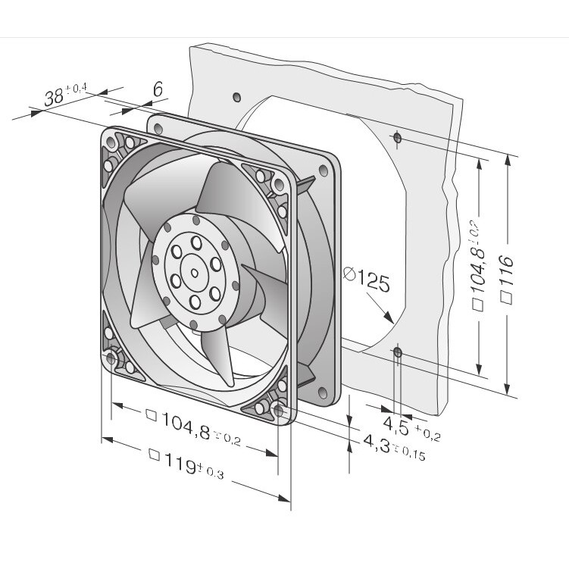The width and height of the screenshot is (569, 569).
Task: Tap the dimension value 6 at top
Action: [x=158, y=89]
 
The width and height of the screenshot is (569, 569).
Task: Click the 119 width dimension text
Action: [x=186, y=462]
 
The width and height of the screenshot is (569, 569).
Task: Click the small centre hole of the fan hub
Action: [x=195, y=273]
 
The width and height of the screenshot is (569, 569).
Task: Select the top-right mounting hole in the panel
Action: [x=397, y=138]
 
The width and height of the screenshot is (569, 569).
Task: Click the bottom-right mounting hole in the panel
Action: [x=399, y=352]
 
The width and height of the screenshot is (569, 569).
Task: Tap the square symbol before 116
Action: [x=506, y=298]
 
